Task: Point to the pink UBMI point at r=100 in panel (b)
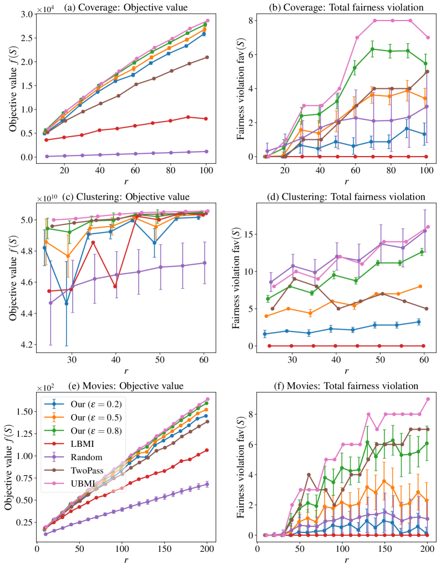click(x=427, y=38)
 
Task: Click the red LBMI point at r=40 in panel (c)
click(x=115, y=286)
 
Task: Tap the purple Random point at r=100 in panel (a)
click(x=207, y=152)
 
